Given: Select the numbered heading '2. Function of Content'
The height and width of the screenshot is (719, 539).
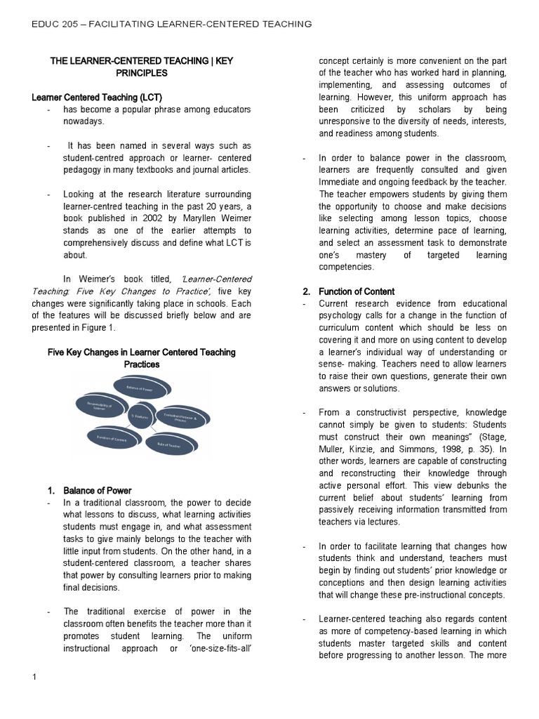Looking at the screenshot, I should [x=348, y=291].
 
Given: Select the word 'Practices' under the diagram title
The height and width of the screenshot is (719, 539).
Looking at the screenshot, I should [x=142, y=364].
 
